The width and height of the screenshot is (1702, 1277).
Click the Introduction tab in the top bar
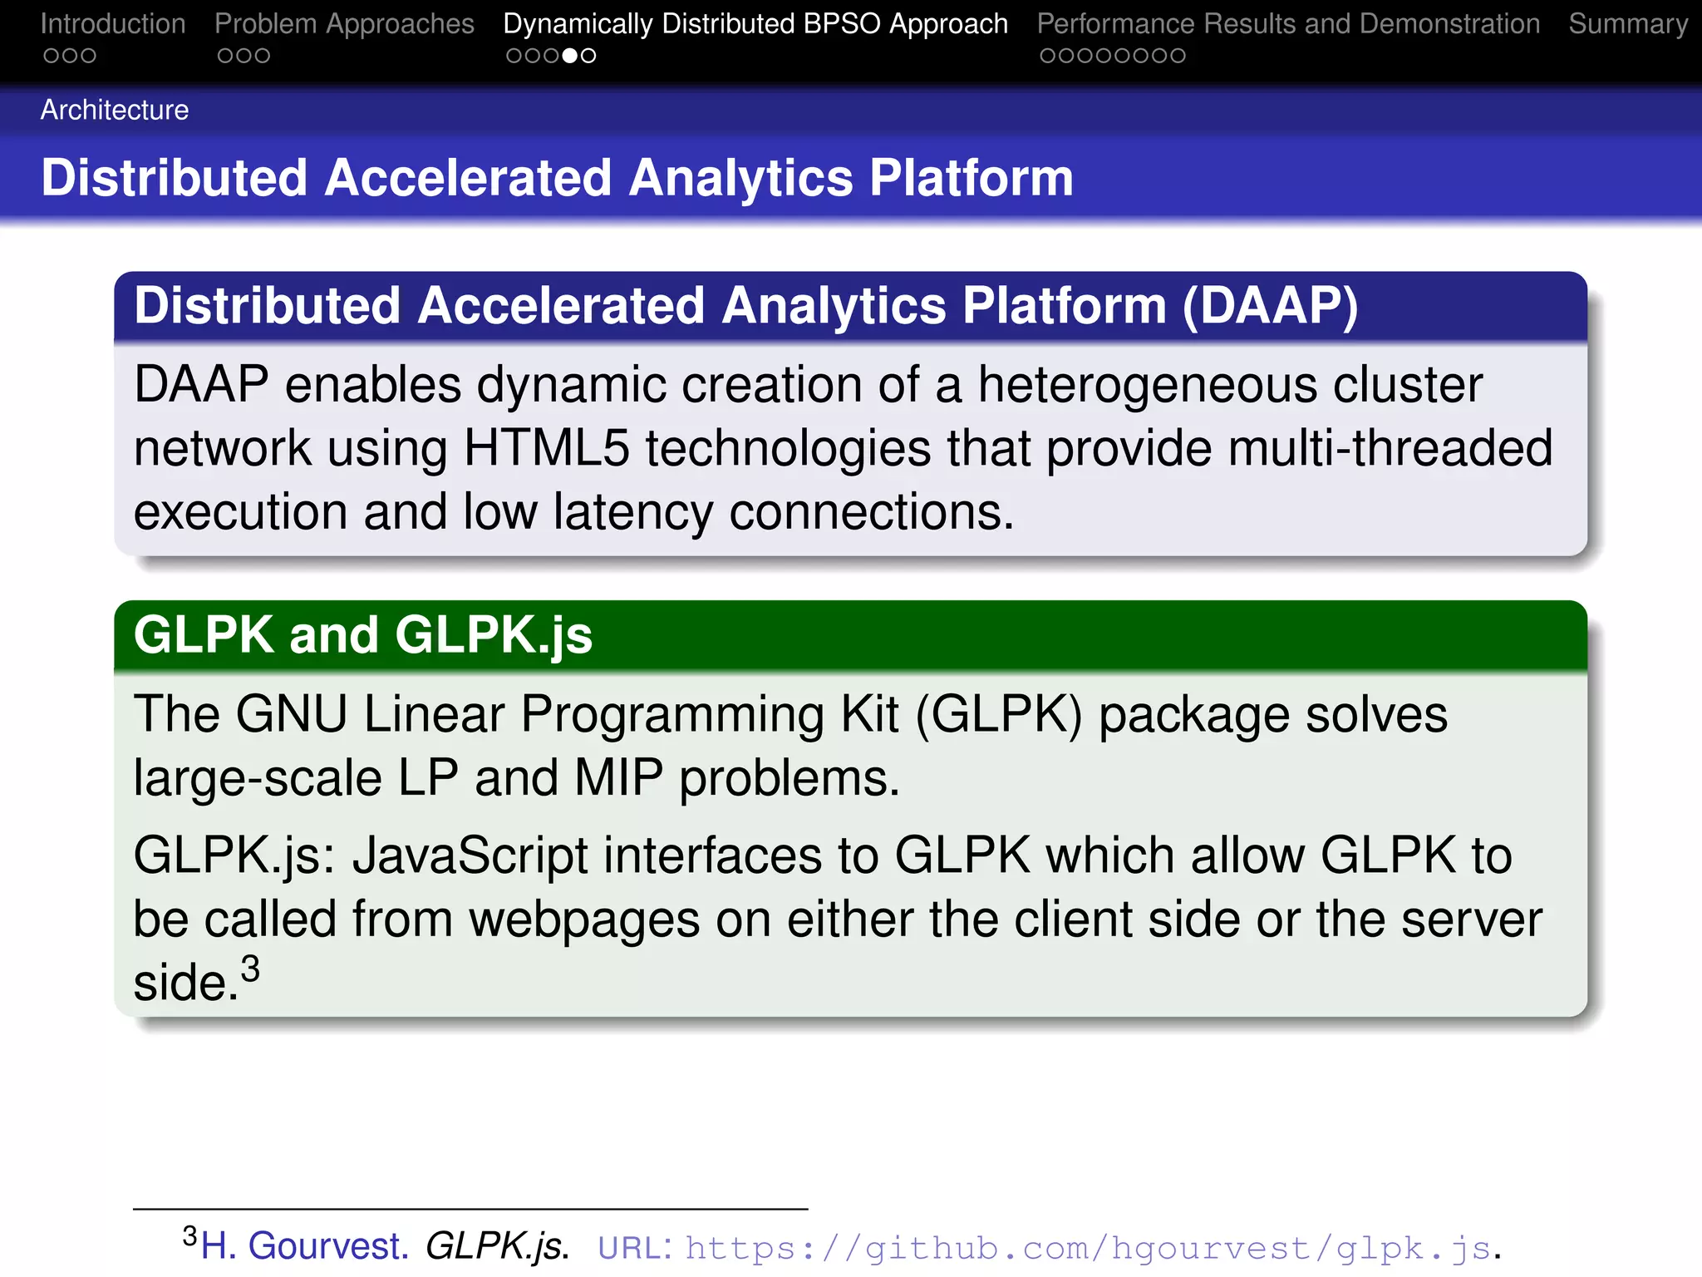tap(113, 24)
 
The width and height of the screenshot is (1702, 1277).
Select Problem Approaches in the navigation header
tap(344, 24)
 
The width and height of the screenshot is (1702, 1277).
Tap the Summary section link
tap(1627, 24)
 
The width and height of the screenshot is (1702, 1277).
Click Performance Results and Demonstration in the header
tap(1288, 24)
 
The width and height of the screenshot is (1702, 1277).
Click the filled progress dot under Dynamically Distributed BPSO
tap(570, 56)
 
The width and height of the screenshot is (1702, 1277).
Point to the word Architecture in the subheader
tap(115, 110)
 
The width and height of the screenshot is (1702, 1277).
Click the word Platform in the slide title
tap(972, 178)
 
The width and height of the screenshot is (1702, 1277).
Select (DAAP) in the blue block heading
tap(1270, 306)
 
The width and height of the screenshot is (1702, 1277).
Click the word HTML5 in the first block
tap(546, 449)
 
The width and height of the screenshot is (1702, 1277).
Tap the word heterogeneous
tap(1147, 386)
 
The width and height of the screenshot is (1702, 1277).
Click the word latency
tap(632, 512)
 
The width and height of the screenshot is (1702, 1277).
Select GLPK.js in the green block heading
tap(494, 636)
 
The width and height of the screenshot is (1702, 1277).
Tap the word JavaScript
tap(470, 855)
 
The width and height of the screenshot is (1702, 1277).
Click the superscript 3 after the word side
tap(250, 969)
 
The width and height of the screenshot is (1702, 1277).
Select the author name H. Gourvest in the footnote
tap(304, 1246)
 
